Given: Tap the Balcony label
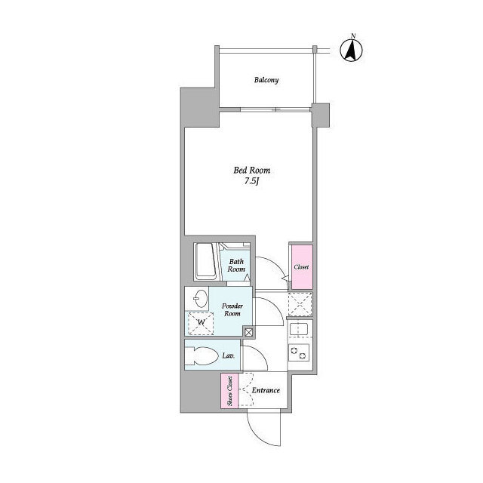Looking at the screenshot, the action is point(266,80).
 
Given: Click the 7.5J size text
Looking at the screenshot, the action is point(251,181).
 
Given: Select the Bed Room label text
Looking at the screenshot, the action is point(251,170).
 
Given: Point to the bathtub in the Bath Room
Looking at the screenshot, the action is point(206,262).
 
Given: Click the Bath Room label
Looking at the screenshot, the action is point(236,265).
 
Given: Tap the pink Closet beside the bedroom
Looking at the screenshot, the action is point(302,266).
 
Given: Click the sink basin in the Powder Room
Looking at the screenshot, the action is point(201,299).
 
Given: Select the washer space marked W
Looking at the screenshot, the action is point(201,323).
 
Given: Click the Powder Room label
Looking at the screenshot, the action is point(232,309).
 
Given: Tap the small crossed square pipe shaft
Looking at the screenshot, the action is point(248,332).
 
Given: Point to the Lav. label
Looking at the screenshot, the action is point(229,355).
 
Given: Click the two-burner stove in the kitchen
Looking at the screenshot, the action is point(299,352).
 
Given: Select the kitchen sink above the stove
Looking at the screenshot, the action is point(300,330).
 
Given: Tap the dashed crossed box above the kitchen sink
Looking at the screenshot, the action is point(300,304).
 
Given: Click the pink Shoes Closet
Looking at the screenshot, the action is point(229,391).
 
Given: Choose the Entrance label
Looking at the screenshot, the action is point(266,390).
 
